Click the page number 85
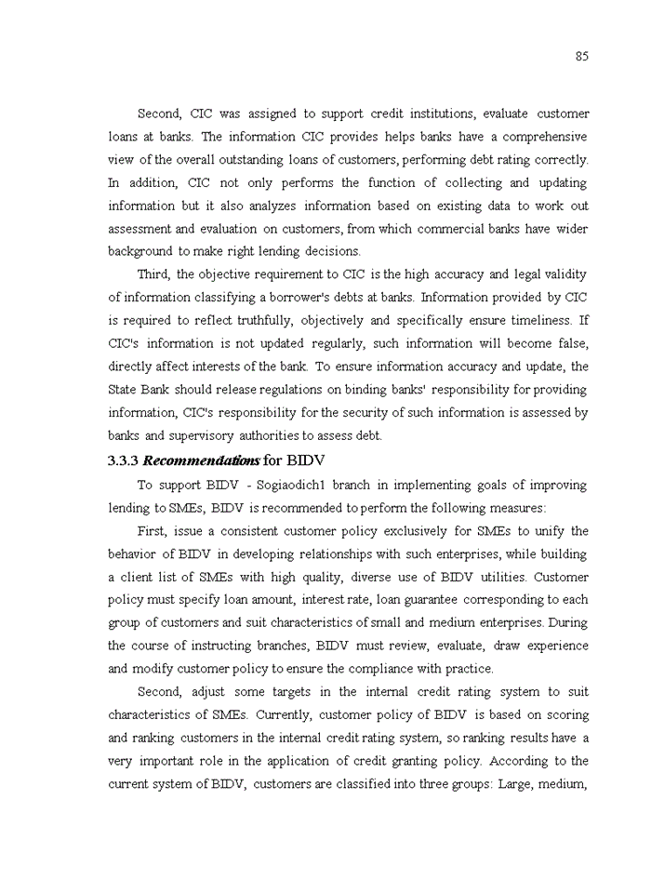pos(581,56)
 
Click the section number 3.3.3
pos(123,460)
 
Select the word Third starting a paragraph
pos(153,274)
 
